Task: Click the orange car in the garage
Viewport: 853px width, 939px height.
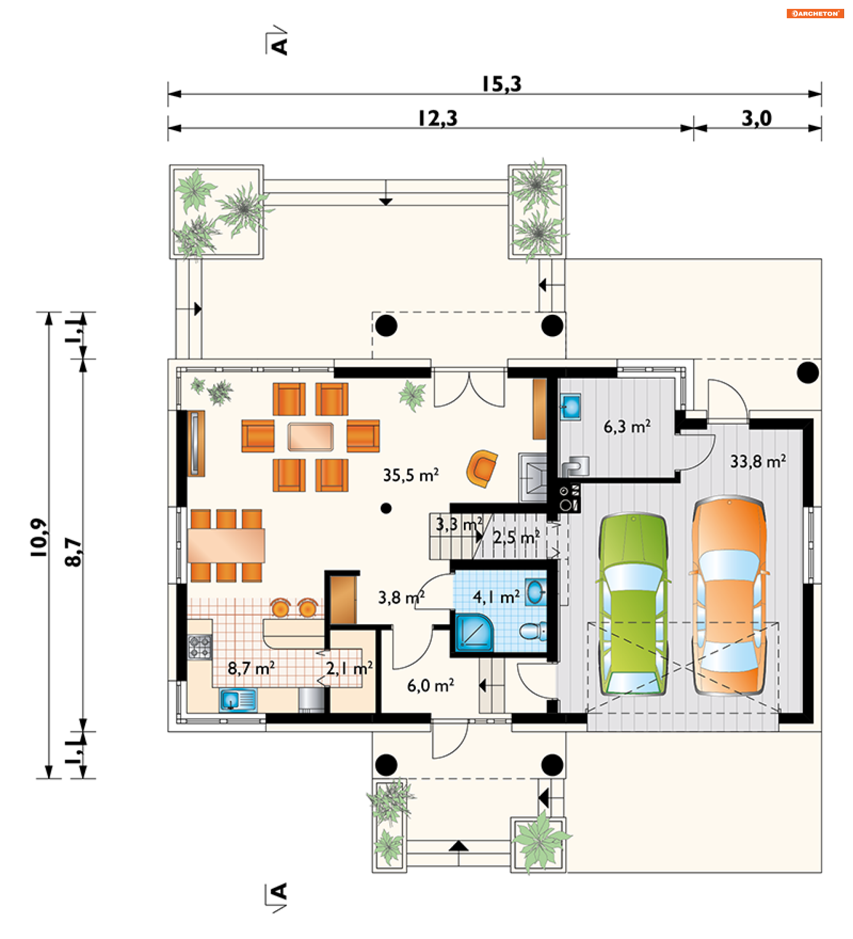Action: (x=729, y=596)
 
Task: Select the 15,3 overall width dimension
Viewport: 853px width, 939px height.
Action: (x=502, y=84)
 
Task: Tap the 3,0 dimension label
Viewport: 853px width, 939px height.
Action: (x=757, y=119)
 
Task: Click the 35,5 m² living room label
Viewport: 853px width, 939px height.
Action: (x=411, y=476)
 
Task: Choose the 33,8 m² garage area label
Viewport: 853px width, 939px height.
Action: (x=758, y=461)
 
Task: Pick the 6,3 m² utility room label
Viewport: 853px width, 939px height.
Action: (x=627, y=427)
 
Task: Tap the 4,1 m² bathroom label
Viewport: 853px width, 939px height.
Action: (x=496, y=597)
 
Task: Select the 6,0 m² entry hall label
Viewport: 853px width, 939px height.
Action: (x=430, y=686)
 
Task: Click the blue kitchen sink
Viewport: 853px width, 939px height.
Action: (x=238, y=701)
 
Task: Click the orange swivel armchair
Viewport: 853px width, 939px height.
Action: (x=482, y=469)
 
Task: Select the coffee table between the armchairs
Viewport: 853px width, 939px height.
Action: (x=311, y=437)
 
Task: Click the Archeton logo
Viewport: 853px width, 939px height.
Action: (x=815, y=13)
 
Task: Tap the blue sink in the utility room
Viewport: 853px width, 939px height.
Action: (x=570, y=407)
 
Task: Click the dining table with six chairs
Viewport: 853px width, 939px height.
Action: (x=226, y=546)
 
